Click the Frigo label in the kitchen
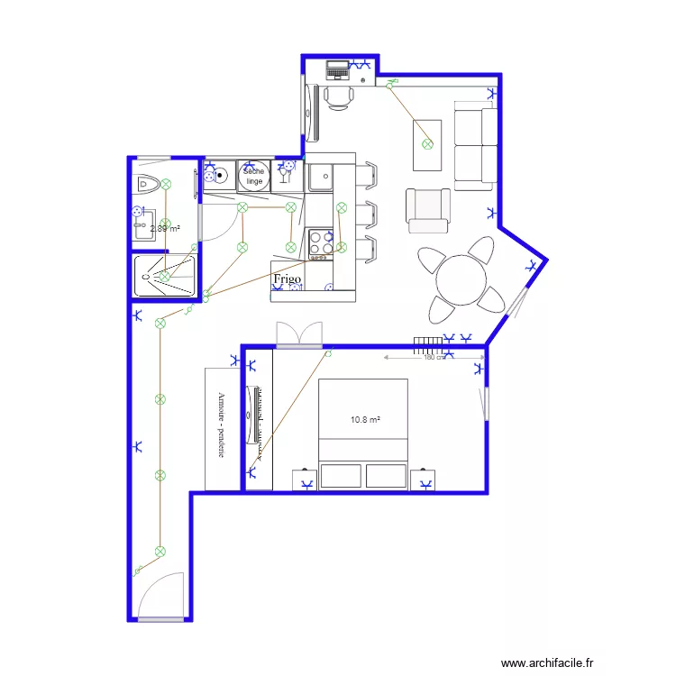pos(288,279)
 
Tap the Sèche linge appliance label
pos(253,176)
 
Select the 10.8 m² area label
pos(365,419)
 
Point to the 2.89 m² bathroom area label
pos(164,229)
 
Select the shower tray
pos(165,276)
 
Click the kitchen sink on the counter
pos(320,178)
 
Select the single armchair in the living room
pos(428,209)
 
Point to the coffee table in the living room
pos(427,144)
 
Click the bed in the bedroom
pos(363,433)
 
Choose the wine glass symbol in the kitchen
pos(288,171)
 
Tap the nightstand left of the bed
pos(305,480)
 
